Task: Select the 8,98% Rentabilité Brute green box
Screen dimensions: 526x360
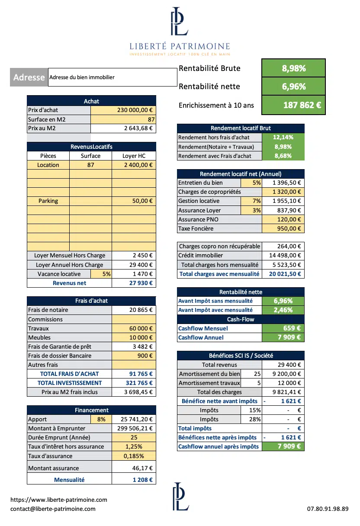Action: tap(293, 68)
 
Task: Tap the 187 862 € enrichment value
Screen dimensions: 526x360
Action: tap(293, 105)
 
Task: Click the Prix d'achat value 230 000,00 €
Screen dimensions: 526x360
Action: tap(123, 110)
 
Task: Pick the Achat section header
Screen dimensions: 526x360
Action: tap(91, 101)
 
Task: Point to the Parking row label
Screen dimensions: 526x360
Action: tap(48, 201)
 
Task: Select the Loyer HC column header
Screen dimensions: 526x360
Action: tap(134, 156)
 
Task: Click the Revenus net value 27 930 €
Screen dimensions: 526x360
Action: tap(134, 283)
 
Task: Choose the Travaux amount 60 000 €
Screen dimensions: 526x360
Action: tap(134, 329)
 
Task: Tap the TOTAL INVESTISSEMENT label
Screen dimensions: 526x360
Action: tap(69, 383)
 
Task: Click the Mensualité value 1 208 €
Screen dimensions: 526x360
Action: tap(134, 480)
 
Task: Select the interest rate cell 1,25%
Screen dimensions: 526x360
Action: tap(134, 447)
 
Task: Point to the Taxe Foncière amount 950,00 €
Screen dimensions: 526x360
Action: tap(283, 229)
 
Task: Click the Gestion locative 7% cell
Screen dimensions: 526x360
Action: tap(251, 201)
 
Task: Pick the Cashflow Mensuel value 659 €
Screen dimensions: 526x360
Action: tap(283, 329)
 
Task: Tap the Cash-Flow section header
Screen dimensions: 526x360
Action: tap(241, 320)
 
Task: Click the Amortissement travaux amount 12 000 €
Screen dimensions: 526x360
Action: tap(283, 383)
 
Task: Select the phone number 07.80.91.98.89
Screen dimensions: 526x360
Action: tap(328, 509)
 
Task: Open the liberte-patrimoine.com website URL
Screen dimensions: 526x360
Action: tap(59, 500)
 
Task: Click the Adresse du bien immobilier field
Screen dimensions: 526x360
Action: tap(112, 77)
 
